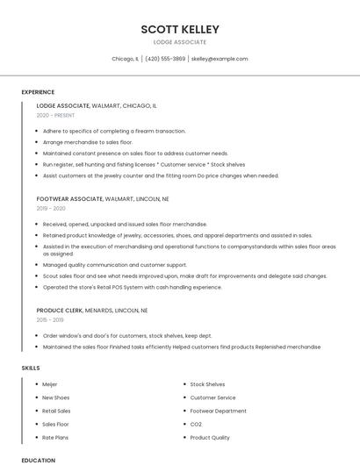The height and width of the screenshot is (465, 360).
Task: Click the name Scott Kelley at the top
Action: (180, 29)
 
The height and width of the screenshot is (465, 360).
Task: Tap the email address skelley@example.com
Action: (220, 59)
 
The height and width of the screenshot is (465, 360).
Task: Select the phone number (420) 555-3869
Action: (165, 59)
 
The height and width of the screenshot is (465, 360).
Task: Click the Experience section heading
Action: (38, 92)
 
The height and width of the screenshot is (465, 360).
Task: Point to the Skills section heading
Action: (31, 368)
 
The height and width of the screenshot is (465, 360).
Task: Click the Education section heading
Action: (38, 460)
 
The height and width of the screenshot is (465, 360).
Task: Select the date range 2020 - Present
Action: (56, 115)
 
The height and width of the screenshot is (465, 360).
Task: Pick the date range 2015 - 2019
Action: (51, 320)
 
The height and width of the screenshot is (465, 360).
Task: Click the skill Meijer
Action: (51, 384)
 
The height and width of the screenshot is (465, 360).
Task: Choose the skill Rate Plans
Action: (55, 437)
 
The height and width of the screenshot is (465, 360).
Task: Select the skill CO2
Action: (196, 424)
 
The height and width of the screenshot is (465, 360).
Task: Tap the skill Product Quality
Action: (210, 437)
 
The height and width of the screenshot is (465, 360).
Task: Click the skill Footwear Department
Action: (218, 411)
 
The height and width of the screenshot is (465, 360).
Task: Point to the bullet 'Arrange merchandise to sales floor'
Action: (88, 142)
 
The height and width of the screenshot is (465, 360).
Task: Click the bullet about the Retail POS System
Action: (132, 287)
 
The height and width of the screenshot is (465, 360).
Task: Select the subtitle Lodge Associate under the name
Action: (180, 42)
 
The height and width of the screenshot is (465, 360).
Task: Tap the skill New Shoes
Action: (55, 397)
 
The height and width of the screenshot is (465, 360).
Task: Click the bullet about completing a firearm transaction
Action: (114, 131)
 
